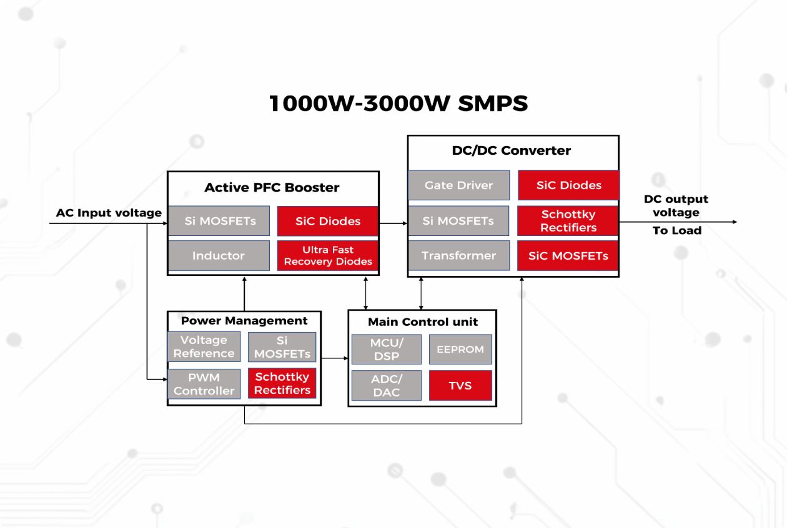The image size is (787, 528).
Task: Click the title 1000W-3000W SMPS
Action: tap(398, 103)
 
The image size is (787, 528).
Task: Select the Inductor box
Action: tap(219, 255)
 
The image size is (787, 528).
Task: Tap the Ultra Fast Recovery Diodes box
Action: tap(328, 255)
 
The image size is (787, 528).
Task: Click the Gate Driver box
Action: tap(458, 185)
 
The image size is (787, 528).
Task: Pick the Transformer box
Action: tap(458, 255)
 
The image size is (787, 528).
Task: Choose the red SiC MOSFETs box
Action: tap(568, 255)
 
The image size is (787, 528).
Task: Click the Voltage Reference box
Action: tap(204, 346)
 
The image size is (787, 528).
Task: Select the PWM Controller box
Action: tap(204, 384)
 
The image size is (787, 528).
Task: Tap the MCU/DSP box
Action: tap(387, 350)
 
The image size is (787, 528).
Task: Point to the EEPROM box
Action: tap(460, 350)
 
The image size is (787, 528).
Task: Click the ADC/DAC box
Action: tap(387, 386)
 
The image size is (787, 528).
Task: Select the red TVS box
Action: tap(460, 386)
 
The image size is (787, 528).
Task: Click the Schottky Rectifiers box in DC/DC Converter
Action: tap(568, 221)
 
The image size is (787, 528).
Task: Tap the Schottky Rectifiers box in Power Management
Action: tap(282, 383)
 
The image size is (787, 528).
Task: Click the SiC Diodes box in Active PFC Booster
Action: tap(328, 221)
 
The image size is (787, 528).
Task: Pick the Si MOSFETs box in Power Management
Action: tap(282, 346)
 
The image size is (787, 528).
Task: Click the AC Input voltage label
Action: tap(109, 213)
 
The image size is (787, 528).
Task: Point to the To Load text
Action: tap(677, 231)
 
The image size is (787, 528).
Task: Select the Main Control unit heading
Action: tap(423, 322)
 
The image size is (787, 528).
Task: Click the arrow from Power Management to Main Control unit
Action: tap(334, 358)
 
